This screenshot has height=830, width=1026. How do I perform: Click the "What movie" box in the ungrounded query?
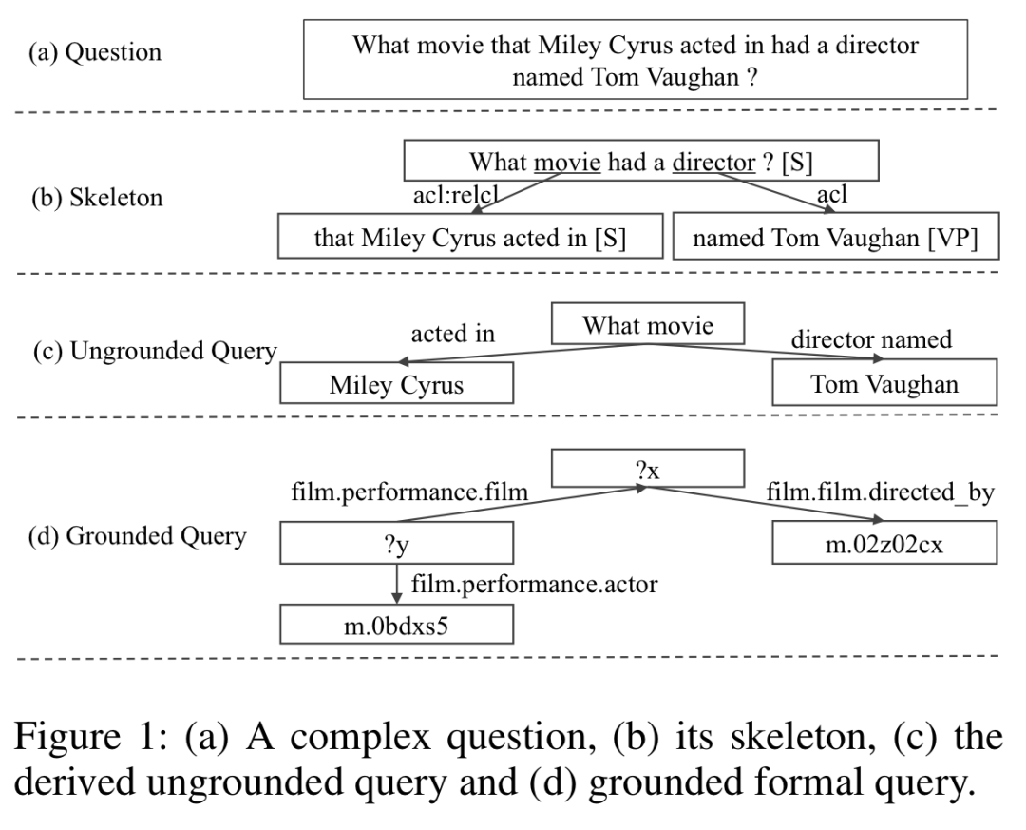point(646,327)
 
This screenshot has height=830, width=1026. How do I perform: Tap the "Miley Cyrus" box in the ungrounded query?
point(396,385)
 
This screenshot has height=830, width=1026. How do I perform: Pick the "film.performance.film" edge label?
point(408,494)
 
